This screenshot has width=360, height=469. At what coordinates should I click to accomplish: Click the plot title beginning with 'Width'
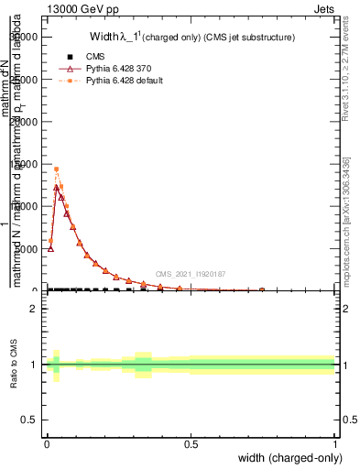click(x=191, y=38)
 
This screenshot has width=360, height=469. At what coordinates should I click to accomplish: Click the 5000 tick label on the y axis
click(x=28, y=248)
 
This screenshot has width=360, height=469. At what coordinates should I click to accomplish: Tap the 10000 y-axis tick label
click(x=26, y=206)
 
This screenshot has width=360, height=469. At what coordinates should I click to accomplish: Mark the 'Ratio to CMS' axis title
click(x=14, y=365)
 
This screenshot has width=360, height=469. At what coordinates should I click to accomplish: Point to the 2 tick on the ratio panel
click(x=34, y=309)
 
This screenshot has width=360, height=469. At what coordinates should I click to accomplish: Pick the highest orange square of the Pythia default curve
click(x=56, y=169)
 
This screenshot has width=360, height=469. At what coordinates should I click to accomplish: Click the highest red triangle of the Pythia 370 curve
click(x=56, y=187)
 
